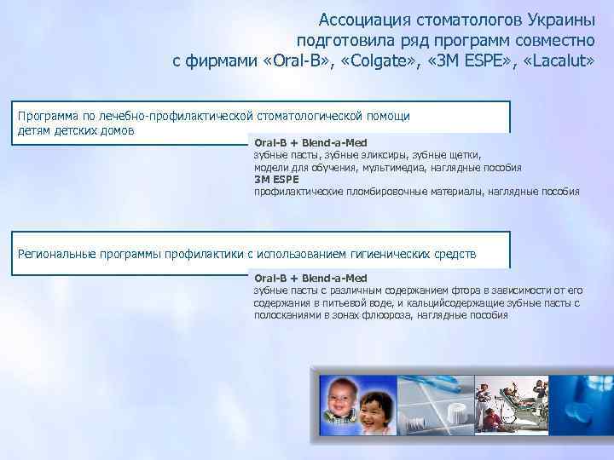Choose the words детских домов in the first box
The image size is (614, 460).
pos(96,131)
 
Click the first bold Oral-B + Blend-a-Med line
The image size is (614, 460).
pos(310,143)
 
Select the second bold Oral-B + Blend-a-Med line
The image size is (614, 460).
pos(310,278)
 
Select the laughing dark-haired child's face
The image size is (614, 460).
pos(376,412)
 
